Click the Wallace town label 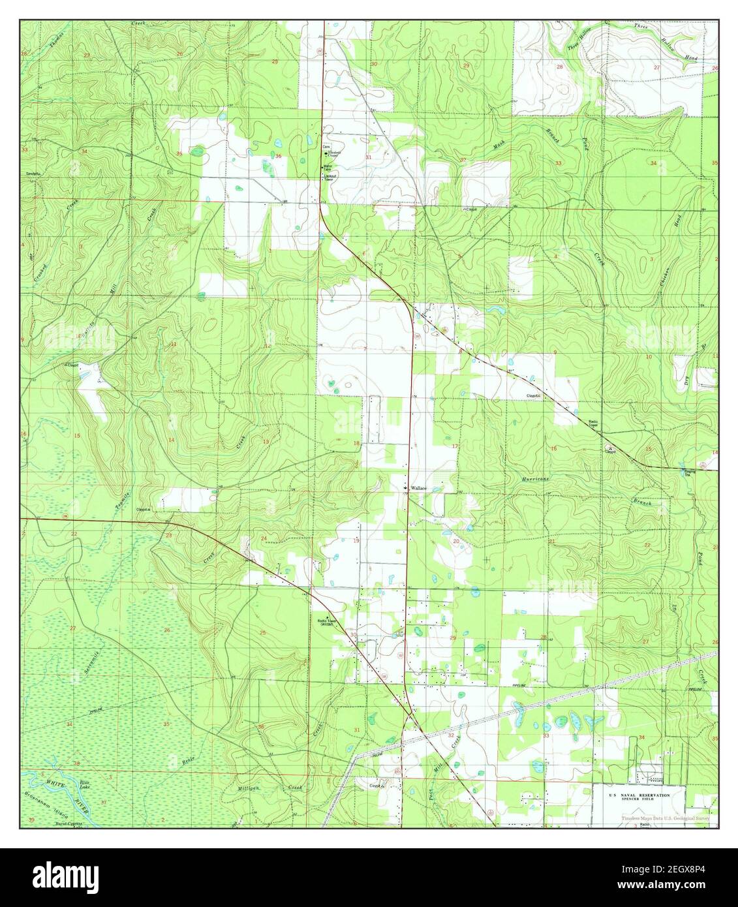coord(418,488)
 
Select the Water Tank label coord(329,167)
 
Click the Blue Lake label coord(83,784)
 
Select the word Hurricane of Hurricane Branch coord(536,479)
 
